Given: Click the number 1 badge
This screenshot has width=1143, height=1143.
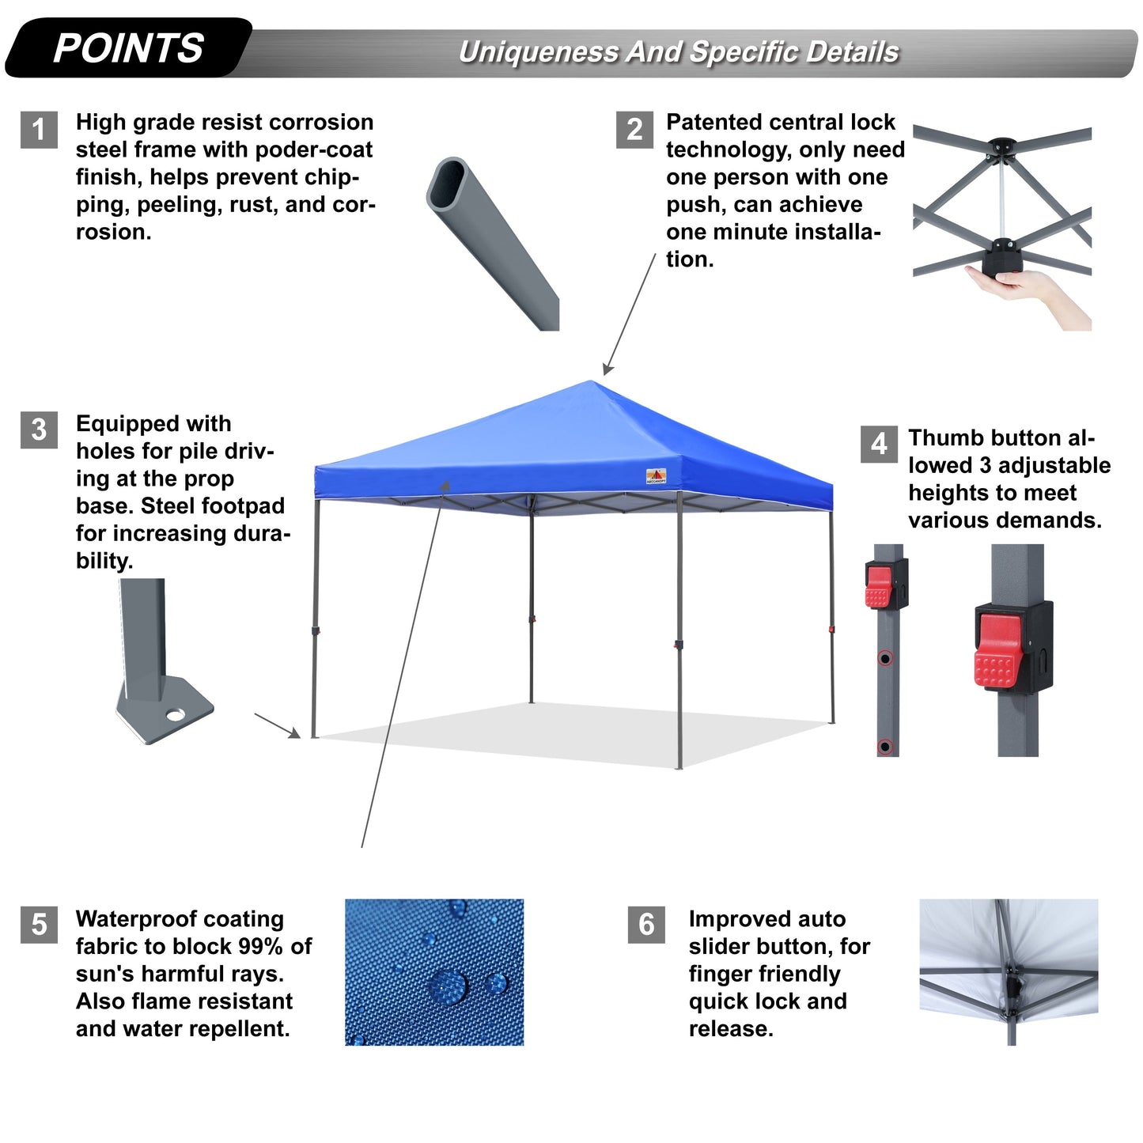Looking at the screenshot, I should [39, 130].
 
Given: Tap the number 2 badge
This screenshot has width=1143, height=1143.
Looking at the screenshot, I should [634, 130].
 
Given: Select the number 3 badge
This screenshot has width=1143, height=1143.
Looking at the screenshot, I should [39, 430].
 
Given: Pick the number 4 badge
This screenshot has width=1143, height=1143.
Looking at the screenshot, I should [879, 444].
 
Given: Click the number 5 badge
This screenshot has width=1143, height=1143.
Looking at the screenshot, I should [39, 925].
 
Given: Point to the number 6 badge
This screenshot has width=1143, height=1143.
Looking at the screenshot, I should [646, 925].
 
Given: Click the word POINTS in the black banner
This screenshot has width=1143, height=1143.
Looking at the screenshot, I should [128, 48].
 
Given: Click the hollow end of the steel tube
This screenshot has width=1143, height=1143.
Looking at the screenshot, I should [448, 184].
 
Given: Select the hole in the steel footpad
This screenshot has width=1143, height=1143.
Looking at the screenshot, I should [175, 715].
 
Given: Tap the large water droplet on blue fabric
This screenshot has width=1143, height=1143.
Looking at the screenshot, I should [448, 986].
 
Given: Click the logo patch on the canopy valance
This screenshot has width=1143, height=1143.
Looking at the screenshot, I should [656, 476].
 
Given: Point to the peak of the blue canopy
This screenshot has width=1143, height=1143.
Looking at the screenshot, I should [593, 383].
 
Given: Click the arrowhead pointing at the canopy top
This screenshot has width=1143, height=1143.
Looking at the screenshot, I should [607, 371].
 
